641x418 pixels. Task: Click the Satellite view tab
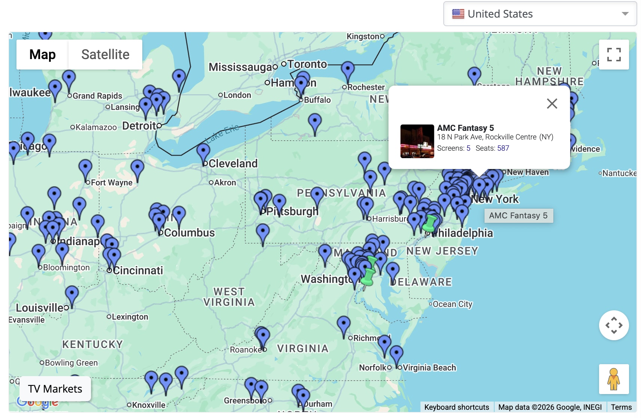point(105,55)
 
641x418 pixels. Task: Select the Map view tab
point(42,55)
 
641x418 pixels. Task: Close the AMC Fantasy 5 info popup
point(552,104)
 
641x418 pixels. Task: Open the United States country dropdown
point(540,14)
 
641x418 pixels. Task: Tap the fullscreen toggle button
point(614,55)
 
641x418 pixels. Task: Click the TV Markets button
point(55,389)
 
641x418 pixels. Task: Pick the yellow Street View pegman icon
point(614,379)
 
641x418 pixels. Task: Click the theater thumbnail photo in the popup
point(417,141)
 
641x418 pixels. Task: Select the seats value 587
point(503,148)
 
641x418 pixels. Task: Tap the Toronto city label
point(307,64)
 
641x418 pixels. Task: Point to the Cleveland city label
point(233,163)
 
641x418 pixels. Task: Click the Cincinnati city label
point(138,270)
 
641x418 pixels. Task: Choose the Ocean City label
point(452,304)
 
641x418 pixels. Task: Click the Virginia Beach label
point(429,368)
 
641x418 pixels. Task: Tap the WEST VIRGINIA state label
point(229,297)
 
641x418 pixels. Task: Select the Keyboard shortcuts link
point(456,407)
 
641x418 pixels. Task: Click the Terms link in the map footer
point(621,407)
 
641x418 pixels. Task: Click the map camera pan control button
point(614,325)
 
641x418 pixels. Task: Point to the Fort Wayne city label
point(112,182)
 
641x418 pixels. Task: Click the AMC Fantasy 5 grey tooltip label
point(518,216)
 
